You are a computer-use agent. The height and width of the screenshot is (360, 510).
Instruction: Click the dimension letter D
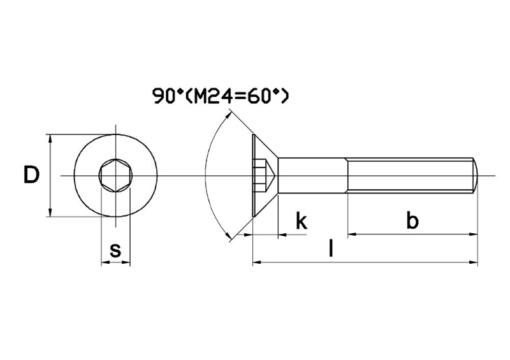click(x=31, y=175)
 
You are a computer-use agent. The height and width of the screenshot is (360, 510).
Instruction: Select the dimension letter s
click(x=115, y=250)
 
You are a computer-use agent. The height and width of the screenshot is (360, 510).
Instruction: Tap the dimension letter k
click(x=302, y=221)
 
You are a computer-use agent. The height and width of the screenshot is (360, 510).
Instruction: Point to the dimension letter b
click(x=412, y=221)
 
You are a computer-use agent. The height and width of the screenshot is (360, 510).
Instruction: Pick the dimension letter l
click(x=330, y=248)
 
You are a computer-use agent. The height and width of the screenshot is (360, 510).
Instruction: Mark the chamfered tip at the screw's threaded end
click(x=476, y=175)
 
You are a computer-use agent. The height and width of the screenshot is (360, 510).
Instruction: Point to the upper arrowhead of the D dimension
click(x=50, y=138)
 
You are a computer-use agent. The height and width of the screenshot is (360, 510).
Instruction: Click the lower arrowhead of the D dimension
click(x=50, y=213)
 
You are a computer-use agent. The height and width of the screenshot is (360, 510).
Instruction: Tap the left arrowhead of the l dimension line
click(x=258, y=261)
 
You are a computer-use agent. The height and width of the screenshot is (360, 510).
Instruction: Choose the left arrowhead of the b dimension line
click(x=352, y=234)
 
